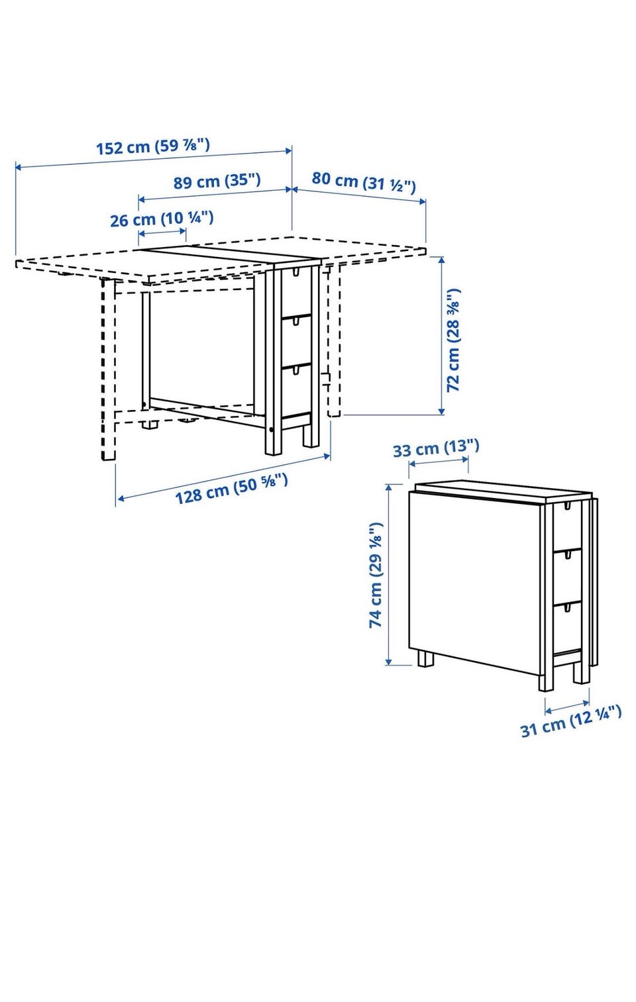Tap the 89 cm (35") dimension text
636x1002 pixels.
(217, 181)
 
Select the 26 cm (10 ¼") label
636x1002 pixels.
(162, 219)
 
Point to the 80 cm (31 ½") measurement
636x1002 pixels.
(364, 181)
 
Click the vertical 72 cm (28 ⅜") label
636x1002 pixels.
(453, 340)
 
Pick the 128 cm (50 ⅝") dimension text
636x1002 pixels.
(231, 489)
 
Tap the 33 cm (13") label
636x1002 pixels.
(436, 448)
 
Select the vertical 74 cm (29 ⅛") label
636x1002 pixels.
(375, 575)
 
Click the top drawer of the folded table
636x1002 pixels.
(568, 526)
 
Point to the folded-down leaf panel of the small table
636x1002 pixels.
(474, 581)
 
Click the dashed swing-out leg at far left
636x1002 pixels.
(108, 369)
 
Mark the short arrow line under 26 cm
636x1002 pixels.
(162, 232)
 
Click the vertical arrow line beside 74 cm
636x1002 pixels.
(389, 574)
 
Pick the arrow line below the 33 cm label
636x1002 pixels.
(439, 461)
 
